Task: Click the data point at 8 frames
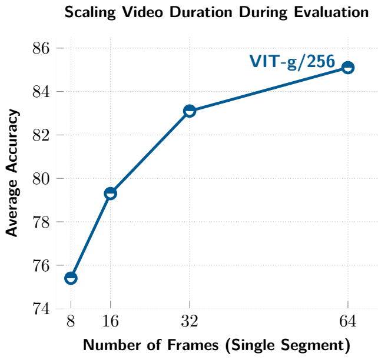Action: (x=71, y=278)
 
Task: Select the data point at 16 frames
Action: (x=111, y=194)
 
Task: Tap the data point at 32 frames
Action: (x=190, y=111)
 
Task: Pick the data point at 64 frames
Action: (x=348, y=68)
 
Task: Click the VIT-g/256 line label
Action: (x=292, y=61)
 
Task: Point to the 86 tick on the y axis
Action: (x=41, y=48)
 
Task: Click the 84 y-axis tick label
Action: (x=41, y=92)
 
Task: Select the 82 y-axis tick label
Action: (x=41, y=135)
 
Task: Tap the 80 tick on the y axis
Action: (x=41, y=179)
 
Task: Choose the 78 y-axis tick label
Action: (x=41, y=222)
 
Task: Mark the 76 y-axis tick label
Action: (x=41, y=266)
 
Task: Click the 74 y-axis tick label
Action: (x=41, y=309)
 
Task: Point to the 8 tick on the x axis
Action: (x=71, y=321)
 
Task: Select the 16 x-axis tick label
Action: (x=111, y=321)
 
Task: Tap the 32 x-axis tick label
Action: (x=190, y=321)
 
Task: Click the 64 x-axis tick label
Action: (x=347, y=321)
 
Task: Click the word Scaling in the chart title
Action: (x=91, y=12)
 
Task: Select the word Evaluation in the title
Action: (x=331, y=12)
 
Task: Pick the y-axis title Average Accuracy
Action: (x=12, y=173)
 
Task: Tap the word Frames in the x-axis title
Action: (x=193, y=345)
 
